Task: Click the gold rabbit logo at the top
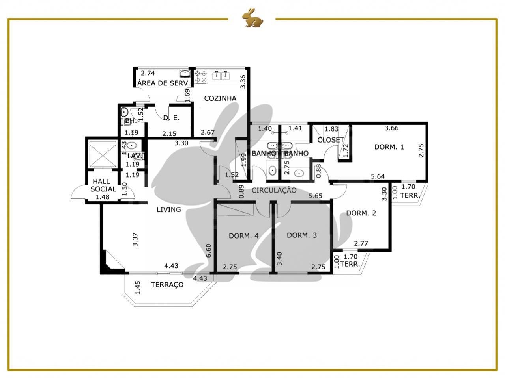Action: (x=252, y=18)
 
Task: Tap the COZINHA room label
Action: (x=220, y=98)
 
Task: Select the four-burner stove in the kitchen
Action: (x=200, y=77)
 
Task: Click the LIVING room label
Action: (x=168, y=209)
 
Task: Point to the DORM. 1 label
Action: (x=389, y=147)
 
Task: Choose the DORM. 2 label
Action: (x=361, y=213)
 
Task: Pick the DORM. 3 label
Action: (x=302, y=235)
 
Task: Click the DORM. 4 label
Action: (x=244, y=236)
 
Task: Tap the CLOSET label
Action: (x=331, y=140)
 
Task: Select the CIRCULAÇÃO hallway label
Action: (x=274, y=190)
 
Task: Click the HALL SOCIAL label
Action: (x=103, y=185)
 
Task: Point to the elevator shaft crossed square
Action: (x=103, y=154)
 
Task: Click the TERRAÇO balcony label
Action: (x=167, y=285)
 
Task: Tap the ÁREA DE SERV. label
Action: (x=164, y=83)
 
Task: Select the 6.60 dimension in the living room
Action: (x=208, y=250)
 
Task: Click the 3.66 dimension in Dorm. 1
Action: (x=392, y=128)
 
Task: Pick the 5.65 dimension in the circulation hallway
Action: (x=315, y=196)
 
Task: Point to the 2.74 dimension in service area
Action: (x=148, y=73)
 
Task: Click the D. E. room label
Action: (x=171, y=118)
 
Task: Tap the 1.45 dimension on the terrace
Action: (x=138, y=287)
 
